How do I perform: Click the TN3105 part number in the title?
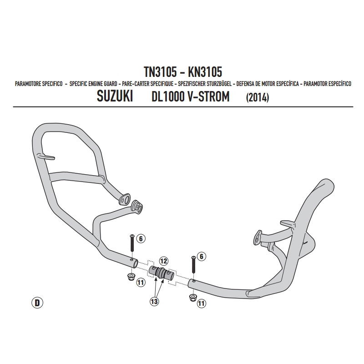tap(160, 72)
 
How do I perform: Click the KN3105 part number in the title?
tap(205, 72)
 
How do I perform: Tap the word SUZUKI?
tap(115, 96)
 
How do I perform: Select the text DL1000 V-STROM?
tap(190, 96)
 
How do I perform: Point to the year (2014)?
tap(258, 97)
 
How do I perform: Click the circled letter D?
tap(37, 303)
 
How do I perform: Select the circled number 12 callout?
tap(164, 261)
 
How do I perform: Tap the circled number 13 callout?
tap(154, 302)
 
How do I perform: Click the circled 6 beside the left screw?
tap(141, 238)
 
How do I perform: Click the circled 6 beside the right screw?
tap(202, 256)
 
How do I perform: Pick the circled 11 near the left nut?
tap(141, 283)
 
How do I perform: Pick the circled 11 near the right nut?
tap(202, 303)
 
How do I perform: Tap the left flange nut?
tap(131, 277)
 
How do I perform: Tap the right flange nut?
tap(192, 298)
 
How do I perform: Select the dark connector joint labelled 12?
tap(161, 272)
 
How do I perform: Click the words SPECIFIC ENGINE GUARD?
tap(93, 84)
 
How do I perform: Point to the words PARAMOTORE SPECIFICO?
tap(39, 84)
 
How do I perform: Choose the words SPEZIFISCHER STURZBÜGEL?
tap(205, 84)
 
